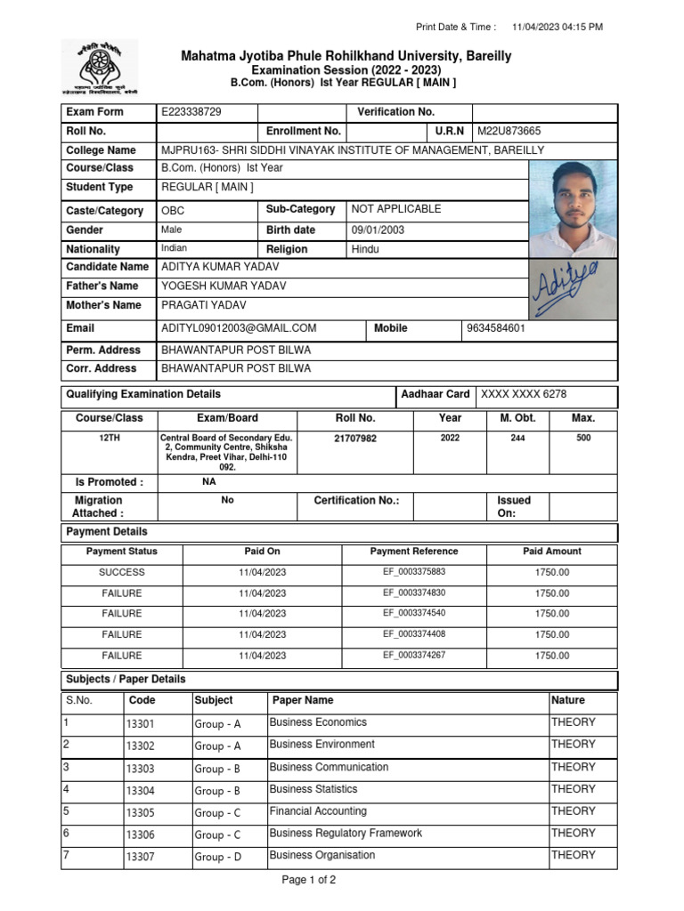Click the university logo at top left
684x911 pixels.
tap(99, 68)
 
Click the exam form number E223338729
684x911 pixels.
tap(191, 112)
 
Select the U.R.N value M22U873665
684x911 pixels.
tap(509, 132)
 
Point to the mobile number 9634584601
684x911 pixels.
tap(496, 328)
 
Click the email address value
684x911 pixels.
tap(239, 328)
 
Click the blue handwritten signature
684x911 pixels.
tap(565, 289)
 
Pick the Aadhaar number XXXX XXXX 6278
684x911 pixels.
tap(524, 394)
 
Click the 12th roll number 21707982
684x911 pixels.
tap(355, 439)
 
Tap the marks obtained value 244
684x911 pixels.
tap(517, 439)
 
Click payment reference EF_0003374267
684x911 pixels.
tap(414, 656)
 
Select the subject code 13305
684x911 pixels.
tap(140, 813)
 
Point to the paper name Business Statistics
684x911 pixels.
tap(313, 789)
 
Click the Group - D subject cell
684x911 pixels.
tap(217, 858)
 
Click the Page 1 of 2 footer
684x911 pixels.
tap(308, 881)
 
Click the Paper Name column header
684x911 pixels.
tap(303, 700)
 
